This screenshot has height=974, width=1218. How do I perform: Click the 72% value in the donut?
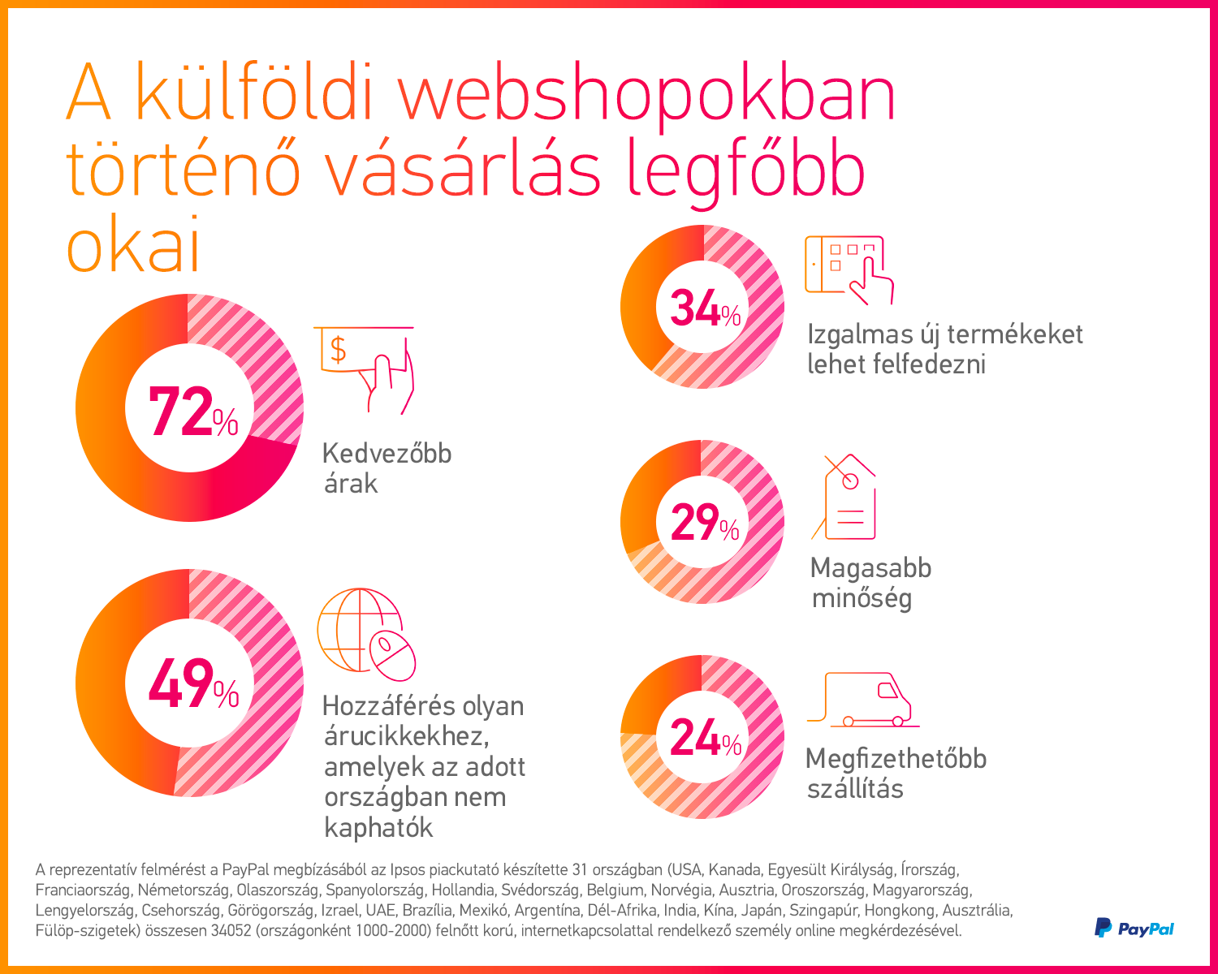192,412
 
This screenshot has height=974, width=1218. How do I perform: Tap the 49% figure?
192,684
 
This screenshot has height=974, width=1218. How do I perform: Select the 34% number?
704,309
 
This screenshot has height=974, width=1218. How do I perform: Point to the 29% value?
704,523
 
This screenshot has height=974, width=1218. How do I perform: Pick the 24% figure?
704,739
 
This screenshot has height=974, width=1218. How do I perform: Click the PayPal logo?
1134,928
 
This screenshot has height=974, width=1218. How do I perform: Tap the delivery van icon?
862,699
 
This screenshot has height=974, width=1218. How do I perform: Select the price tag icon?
845,498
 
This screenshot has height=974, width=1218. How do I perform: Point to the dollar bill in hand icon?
368,366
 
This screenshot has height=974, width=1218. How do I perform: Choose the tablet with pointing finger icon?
846,269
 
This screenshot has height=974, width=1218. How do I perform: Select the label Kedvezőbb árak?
386,468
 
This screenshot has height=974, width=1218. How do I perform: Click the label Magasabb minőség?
870,583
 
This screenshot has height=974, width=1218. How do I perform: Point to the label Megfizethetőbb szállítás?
895,773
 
